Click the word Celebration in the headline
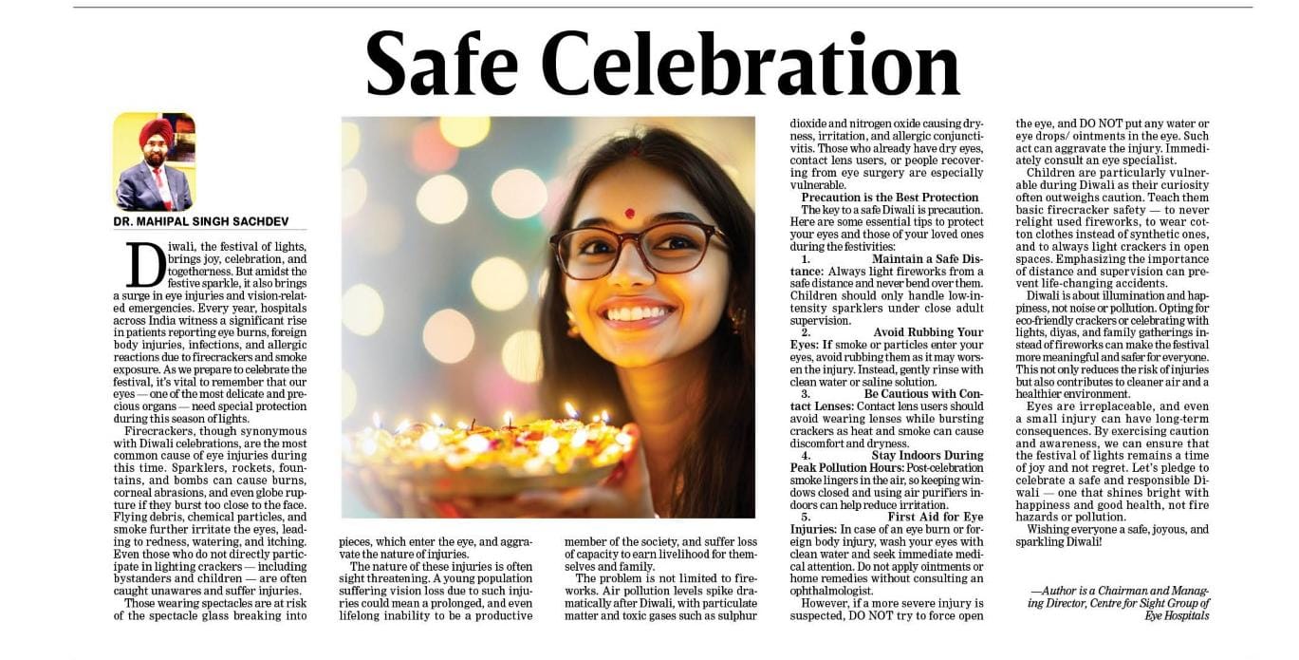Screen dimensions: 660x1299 tap(750, 65)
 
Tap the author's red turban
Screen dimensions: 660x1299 tap(156, 132)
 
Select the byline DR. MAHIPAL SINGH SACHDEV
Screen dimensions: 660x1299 tap(200, 221)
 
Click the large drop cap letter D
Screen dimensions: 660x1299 tap(145, 264)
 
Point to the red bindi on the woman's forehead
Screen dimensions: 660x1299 tap(629, 214)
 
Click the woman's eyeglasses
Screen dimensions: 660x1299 tap(638, 249)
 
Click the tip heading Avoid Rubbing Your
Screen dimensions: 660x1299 tap(928, 332)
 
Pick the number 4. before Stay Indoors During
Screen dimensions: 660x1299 tap(806, 455)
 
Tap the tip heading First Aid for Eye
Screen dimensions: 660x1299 tap(935, 517)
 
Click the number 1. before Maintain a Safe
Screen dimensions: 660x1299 tap(806, 258)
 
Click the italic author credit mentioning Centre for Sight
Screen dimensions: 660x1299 tap(1119, 602)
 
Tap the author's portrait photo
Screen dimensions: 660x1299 tap(154, 161)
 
